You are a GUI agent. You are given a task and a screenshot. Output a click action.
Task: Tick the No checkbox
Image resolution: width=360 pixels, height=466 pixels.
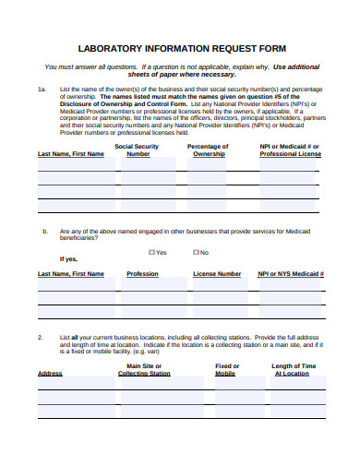196,252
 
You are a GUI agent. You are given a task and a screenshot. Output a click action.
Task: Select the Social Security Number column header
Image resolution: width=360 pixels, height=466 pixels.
137,149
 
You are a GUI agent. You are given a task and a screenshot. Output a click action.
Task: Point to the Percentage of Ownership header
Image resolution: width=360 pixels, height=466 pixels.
208,149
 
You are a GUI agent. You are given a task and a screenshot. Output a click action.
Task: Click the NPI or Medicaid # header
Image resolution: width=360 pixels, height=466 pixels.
290,149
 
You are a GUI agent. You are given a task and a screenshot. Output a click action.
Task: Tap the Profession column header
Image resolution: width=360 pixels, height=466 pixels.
142,274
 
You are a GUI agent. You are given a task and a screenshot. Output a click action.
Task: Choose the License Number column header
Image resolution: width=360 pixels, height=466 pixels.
217,274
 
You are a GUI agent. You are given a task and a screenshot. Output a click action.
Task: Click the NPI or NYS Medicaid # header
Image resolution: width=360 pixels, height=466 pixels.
291,274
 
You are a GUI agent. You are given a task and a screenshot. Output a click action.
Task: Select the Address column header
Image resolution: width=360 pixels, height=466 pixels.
50,374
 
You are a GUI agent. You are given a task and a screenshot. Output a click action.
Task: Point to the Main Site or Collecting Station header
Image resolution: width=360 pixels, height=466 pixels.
145,369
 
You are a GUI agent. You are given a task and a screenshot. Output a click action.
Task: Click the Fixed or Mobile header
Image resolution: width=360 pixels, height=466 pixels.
226,369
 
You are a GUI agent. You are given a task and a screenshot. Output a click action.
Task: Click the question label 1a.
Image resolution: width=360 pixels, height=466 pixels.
42,90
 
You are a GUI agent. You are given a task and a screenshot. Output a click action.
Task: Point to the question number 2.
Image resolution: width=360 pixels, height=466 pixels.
41,339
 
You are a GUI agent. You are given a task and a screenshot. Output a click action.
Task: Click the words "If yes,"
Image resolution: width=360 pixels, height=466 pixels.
68,259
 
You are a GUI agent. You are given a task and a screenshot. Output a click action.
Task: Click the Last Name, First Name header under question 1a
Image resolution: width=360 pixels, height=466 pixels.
70,154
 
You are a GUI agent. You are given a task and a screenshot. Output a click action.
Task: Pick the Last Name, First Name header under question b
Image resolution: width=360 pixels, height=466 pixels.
70,274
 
